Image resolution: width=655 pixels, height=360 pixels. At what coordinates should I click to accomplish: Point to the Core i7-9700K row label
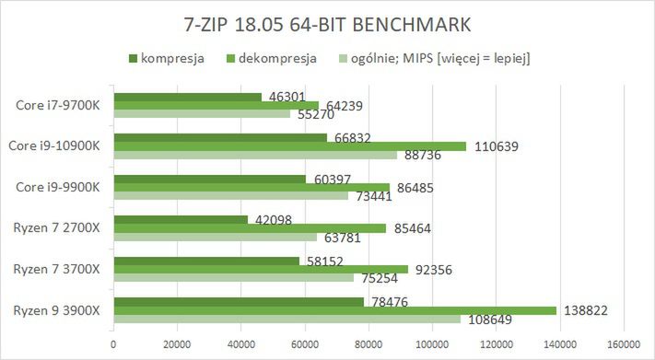(60, 105)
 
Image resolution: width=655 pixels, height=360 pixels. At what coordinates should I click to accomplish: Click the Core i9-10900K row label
(54, 145)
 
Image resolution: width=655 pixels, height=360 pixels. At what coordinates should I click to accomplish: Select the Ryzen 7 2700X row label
(58, 227)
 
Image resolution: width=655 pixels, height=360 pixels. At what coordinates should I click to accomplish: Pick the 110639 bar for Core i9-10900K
(290, 145)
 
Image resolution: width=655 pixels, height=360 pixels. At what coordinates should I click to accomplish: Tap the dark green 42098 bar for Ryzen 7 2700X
(181, 219)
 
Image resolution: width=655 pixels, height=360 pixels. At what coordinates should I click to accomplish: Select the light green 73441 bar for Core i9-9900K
(230, 195)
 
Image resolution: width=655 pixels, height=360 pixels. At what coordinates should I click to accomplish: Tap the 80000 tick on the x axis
(368, 345)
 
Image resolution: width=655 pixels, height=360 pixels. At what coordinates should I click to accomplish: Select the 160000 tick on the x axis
(624, 345)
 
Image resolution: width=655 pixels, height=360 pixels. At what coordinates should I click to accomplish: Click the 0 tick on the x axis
(113, 345)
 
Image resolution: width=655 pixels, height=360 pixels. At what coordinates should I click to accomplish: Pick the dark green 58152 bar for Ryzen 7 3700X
(206, 261)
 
